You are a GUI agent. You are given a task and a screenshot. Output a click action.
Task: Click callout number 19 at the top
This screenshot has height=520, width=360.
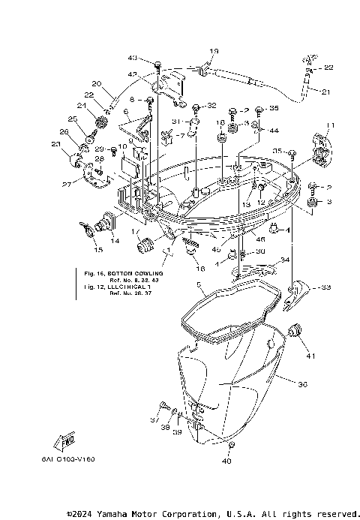[x=214, y=51]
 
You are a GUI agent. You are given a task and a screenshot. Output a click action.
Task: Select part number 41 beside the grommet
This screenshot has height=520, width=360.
[x=310, y=356]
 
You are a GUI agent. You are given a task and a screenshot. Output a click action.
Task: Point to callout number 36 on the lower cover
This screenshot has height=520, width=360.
[x=302, y=384]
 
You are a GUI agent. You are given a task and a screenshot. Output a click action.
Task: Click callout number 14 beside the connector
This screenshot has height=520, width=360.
[x=115, y=240]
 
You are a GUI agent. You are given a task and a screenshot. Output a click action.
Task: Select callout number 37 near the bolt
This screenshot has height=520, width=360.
[x=154, y=419]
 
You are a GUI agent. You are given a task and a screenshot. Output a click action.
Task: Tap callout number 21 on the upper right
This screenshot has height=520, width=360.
[x=325, y=92]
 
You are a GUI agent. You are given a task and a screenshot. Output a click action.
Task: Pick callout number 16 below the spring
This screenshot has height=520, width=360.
[x=199, y=267]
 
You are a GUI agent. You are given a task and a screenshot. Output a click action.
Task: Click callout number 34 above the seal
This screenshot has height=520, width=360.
[x=284, y=260]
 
